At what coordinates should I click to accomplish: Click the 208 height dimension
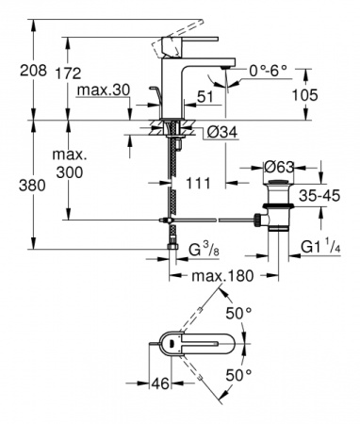click(x=33, y=70)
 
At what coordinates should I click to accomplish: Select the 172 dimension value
click(x=68, y=73)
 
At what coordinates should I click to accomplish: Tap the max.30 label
click(x=104, y=90)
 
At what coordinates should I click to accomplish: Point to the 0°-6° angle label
click(x=268, y=71)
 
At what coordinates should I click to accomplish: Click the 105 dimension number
click(x=304, y=94)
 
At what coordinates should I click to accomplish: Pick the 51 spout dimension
click(x=205, y=97)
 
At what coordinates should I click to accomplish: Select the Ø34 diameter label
click(x=222, y=133)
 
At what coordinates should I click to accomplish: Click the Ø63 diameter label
click(x=279, y=167)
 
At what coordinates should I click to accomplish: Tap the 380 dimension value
click(x=32, y=186)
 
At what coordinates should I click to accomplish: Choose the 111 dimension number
click(x=198, y=183)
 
